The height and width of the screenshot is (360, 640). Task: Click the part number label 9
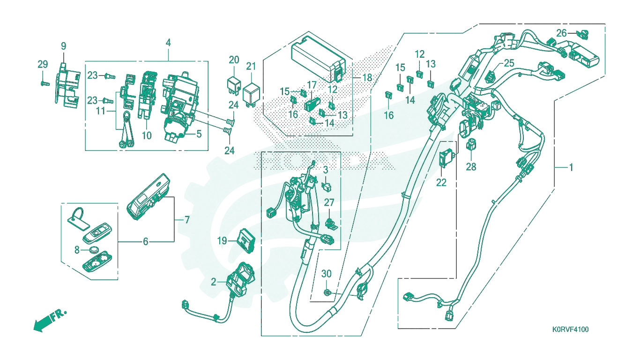(63, 46)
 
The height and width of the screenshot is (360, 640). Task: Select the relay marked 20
(234, 85)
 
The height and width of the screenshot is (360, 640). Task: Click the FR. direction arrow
(50, 320)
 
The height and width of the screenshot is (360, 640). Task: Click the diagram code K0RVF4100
(570, 330)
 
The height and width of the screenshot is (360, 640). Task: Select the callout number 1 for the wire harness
(571, 167)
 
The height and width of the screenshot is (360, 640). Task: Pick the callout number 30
(326, 274)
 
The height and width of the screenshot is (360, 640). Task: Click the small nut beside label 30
(327, 292)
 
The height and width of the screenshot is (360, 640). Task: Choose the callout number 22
(441, 182)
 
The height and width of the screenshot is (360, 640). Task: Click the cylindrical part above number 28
(471, 144)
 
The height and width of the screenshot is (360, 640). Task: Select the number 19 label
(222, 241)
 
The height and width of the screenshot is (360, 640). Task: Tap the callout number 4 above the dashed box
(168, 43)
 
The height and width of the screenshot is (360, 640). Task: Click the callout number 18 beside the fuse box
(367, 77)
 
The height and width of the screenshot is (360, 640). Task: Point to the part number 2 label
(214, 282)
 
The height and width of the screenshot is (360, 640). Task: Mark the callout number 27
(329, 202)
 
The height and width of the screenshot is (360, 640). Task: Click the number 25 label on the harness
(509, 63)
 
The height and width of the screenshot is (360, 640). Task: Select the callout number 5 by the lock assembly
(199, 134)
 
